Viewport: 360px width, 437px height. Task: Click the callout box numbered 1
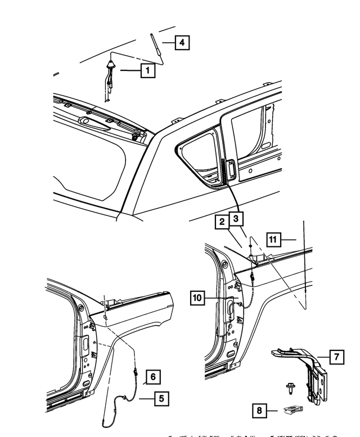click(147, 70)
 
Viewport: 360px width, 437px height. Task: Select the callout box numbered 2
click(222, 222)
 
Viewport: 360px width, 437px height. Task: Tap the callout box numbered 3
click(236, 218)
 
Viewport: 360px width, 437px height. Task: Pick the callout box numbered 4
click(181, 42)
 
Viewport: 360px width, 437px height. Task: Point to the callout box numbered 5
click(161, 399)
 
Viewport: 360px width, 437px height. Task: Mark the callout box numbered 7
click(336, 357)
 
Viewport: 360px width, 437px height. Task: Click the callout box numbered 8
click(259, 411)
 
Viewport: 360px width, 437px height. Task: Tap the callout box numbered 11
click(273, 240)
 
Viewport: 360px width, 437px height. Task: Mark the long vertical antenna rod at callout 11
click(304, 264)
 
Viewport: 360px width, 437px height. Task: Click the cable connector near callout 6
click(137, 371)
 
